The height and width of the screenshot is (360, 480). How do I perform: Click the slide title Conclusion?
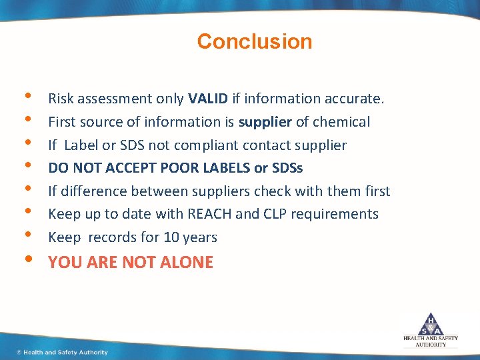[254, 41]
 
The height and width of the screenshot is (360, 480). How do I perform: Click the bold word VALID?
[208, 99]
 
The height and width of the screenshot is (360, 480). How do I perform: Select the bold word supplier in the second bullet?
[265, 122]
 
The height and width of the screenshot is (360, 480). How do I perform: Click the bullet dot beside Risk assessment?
[26, 97]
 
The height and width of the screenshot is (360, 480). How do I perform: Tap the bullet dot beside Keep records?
[26, 236]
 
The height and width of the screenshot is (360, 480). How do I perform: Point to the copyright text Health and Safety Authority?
[63, 352]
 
